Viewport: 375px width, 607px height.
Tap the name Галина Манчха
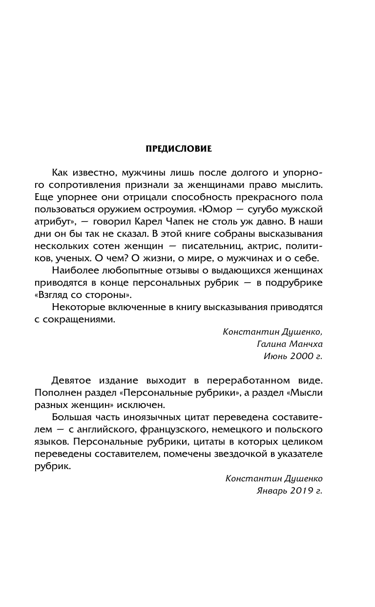pos(290,344)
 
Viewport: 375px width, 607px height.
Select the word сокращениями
pos(80,319)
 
